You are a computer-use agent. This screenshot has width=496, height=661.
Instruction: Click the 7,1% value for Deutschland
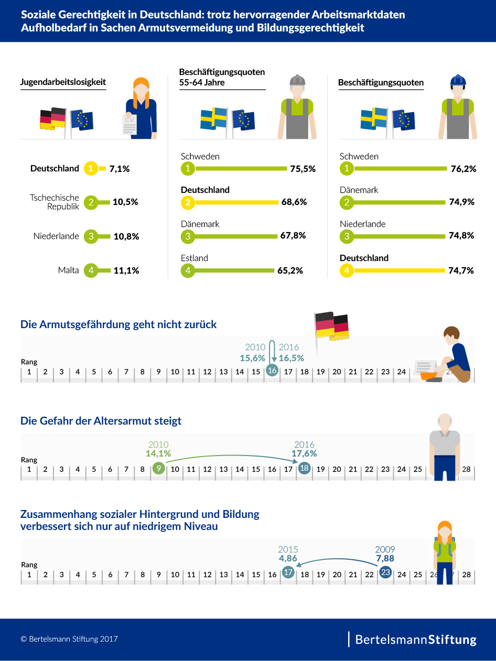tap(120, 169)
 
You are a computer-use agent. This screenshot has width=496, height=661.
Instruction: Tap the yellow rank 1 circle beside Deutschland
tap(91, 169)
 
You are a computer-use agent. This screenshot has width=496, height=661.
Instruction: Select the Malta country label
tap(69, 270)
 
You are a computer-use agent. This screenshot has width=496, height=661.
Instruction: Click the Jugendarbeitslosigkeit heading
tap(63, 82)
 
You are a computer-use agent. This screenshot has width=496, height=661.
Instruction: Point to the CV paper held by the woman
tap(129, 124)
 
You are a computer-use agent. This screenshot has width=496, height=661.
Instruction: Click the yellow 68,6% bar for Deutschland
tap(235, 202)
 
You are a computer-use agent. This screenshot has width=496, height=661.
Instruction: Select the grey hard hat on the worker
tap(297, 80)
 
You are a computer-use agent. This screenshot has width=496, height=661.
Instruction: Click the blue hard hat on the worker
tap(458, 80)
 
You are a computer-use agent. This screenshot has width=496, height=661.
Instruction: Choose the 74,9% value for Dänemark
tap(461, 202)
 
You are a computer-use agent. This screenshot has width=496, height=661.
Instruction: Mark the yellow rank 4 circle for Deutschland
tap(347, 270)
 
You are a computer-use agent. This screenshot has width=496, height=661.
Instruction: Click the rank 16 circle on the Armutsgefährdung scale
tap(272, 370)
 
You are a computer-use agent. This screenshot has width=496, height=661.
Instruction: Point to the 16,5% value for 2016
tap(291, 358)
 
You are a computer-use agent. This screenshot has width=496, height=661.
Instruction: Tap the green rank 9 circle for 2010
tap(158, 469)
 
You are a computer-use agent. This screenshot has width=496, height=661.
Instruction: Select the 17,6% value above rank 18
tap(304, 454)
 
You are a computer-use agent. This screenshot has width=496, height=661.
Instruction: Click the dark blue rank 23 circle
tap(385, 572)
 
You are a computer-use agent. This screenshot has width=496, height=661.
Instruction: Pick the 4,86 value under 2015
tap(288, 559)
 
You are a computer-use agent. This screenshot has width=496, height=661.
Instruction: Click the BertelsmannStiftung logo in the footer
tap(416, 640)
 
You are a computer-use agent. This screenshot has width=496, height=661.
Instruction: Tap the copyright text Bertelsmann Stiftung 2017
tap(69, 639)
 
